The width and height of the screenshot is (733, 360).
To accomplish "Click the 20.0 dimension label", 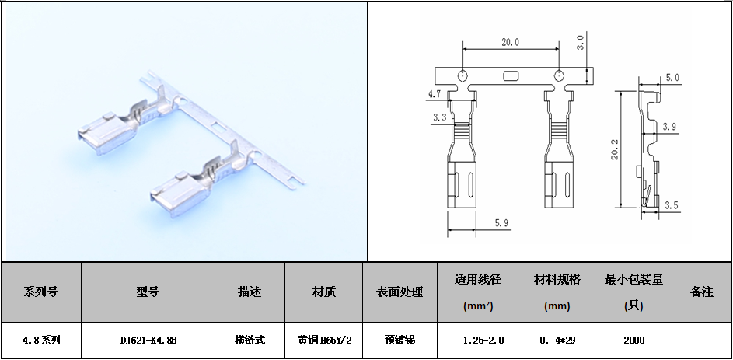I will click(510, 43).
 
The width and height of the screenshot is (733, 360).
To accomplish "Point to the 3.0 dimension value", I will click(580, 43).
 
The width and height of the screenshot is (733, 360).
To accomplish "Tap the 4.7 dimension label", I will click(435, 93).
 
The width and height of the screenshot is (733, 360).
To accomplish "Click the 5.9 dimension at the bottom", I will click(501, 224).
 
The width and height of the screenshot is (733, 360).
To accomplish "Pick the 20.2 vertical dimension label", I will click(615, 150).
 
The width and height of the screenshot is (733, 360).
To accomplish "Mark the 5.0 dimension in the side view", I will click(672, 78).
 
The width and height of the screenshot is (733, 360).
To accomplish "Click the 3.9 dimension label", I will click(669, 126).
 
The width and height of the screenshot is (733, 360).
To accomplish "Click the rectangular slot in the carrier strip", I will click(511, 76).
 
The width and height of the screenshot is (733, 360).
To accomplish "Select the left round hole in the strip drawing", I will click(462, 76).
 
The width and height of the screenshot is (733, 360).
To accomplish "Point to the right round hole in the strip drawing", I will click(559, 76).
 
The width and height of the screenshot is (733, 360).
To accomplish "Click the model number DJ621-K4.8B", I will click(148, 341).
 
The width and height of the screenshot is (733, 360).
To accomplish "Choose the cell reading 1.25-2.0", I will click(483, 341).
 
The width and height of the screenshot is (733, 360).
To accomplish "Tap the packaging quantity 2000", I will click(634, 341).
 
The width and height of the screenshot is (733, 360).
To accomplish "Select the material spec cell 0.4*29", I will click(557, 341).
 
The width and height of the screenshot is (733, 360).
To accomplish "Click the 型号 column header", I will click(148, 292).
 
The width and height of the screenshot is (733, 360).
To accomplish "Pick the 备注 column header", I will click(701, 292).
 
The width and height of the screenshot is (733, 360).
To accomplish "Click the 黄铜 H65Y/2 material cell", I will click(324, 341).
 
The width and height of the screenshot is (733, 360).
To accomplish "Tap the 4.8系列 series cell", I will click(41, 341).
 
